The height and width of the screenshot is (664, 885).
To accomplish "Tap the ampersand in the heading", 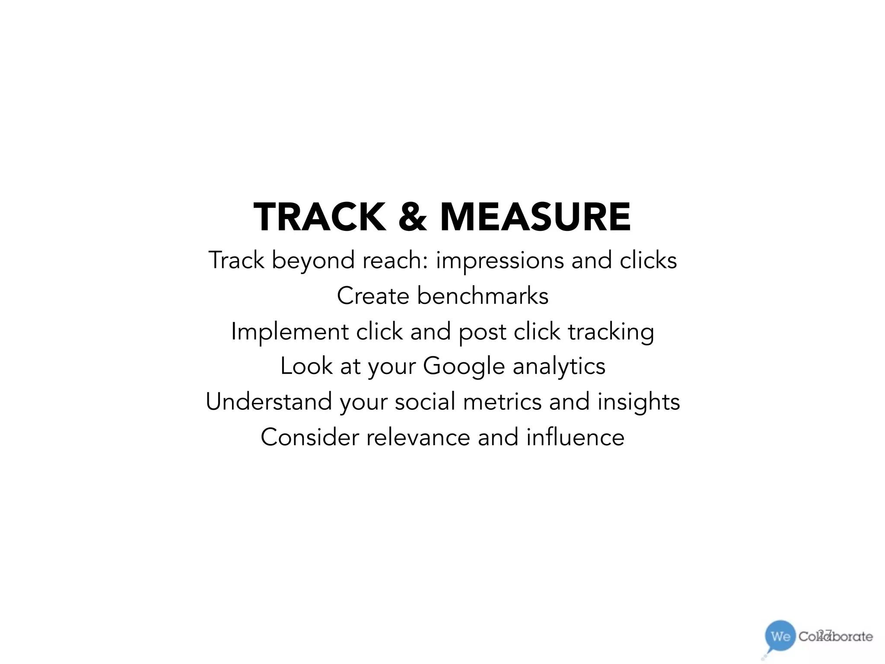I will [413, 217].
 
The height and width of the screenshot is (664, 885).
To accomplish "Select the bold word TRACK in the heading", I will [320, 217].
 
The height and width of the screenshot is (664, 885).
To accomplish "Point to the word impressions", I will [500, 261].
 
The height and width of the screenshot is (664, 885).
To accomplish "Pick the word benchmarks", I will [483, 296].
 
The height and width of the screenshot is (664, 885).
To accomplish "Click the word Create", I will [373, 296].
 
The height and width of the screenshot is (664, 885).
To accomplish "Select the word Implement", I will [290, 332].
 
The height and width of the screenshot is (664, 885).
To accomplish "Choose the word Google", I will [464, 367].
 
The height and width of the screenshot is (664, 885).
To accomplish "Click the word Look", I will [306, 366].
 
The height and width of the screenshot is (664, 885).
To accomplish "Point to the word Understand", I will [269, 402].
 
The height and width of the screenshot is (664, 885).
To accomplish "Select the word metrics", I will [502, 402].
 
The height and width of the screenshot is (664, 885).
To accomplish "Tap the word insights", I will [639, 402].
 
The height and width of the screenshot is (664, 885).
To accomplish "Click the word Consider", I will [310, 437].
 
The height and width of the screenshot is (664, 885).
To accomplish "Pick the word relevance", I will [418, 437].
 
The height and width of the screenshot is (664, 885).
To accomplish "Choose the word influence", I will [575, 437].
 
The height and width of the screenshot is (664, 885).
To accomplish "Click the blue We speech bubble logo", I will [780, 636].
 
